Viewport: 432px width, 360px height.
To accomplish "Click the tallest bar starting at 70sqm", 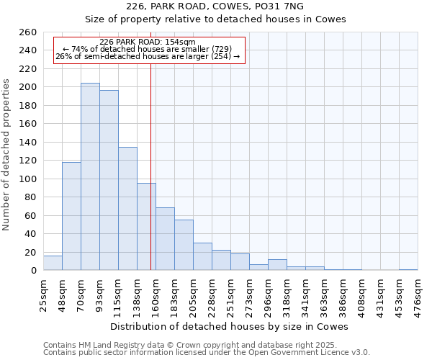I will pos(90,176).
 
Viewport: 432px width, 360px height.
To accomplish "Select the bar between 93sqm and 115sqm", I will pos(109,180).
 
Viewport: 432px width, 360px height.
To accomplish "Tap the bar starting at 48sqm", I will pos(71,216).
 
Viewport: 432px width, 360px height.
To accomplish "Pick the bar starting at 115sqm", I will pos(127,209).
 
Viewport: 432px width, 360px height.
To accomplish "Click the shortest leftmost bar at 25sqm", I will pos(53,264).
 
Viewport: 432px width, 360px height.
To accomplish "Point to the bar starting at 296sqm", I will pos(277,265).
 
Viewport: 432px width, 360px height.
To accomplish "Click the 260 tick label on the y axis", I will pos(28,32).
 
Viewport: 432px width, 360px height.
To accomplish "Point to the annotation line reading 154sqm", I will pos(147,42).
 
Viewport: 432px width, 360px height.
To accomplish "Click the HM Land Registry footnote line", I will pos(190,345).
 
